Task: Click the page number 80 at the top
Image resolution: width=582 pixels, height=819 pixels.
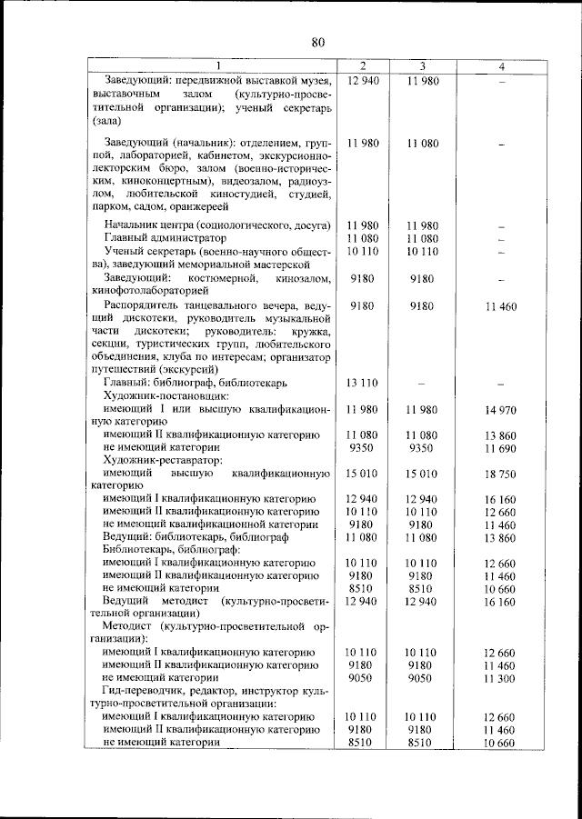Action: pyautogui.click(x=317, y=42)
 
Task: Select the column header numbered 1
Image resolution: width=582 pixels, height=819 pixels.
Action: pyautogui.click(x=217, y=66)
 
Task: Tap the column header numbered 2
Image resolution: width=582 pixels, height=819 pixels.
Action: pyautogui.click(x=363, y=66)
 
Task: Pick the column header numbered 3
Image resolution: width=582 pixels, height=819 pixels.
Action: pyautogui.click(x=423, y=66)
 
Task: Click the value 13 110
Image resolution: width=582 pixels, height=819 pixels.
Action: pyautogui.click(x=363, y=382)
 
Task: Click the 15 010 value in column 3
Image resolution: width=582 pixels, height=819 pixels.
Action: pyautogui.click(x=422, y=474)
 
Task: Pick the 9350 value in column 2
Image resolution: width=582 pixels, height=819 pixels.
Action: pyautogui.click(x=363, y=448)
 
